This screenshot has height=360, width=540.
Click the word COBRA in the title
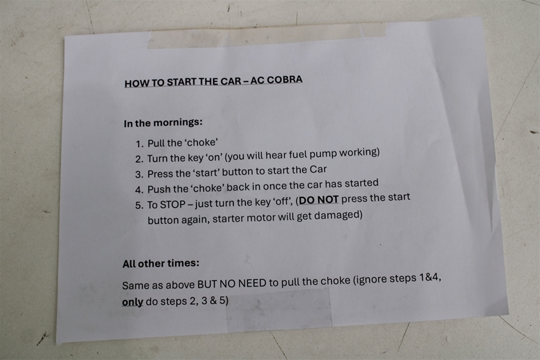284,80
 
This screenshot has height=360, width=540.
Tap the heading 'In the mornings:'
163,122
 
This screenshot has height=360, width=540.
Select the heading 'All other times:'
161,264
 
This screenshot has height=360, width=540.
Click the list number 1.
139,144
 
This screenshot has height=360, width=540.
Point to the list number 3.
139,175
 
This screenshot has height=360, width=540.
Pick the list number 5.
139,206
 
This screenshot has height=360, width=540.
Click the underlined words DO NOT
319,200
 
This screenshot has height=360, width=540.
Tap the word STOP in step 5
172,205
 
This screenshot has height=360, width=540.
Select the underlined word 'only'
133,302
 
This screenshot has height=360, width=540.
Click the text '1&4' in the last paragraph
430,277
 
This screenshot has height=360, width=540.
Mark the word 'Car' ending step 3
318,169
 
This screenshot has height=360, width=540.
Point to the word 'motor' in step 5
259,218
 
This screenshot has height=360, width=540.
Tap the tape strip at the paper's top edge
267,35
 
